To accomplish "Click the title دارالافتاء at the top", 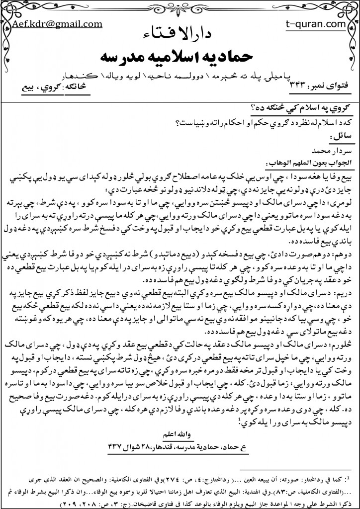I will click(x=180, y=34).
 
